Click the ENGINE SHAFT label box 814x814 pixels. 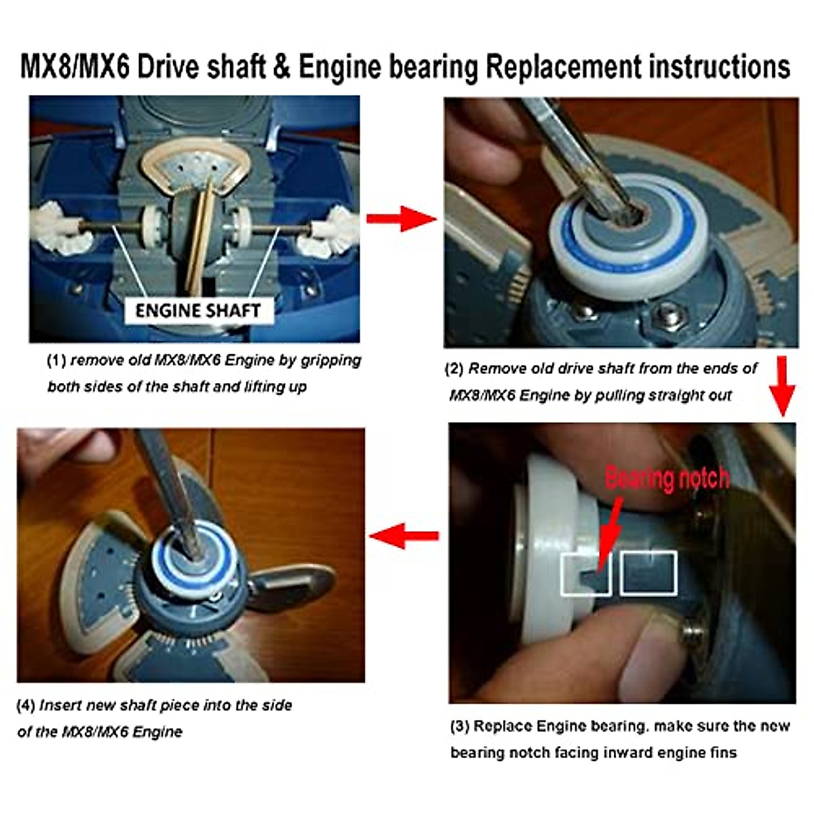coord(198,311)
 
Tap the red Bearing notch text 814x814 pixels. coord(667,478)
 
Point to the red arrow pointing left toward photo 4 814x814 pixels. coord(404,536)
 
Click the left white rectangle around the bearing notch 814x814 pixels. coord(585,574)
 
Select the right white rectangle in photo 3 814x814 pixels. coord(649,574)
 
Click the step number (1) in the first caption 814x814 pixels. coord(56,360)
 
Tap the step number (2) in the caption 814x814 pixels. coord(454,369)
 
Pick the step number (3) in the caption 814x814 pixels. coord(459,726)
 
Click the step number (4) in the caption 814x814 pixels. coord(26,705)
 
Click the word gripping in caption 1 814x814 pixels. coord(331,360)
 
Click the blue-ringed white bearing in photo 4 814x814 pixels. coord(197,556)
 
